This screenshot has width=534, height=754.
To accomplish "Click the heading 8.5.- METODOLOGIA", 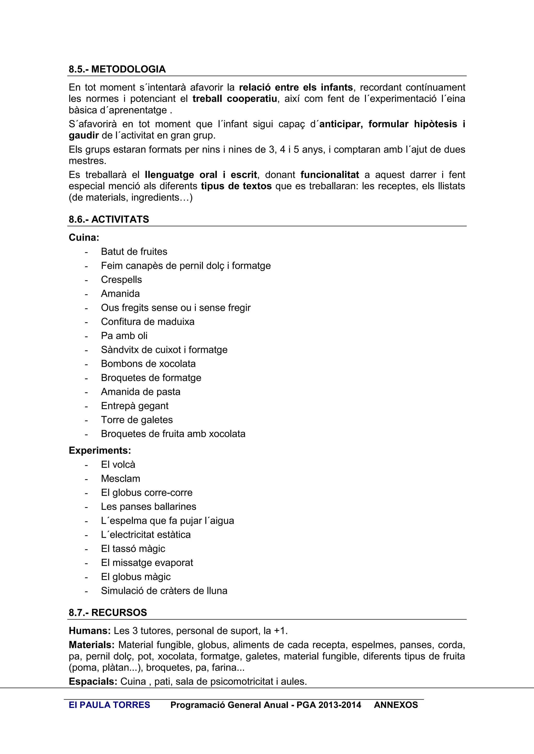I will (117, 69).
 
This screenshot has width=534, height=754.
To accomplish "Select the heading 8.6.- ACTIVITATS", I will (108, 219).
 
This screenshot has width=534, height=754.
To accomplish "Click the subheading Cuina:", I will (84, 237).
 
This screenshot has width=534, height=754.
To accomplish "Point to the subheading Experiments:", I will (100, 450).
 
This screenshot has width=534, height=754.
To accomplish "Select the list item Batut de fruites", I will (134, 252).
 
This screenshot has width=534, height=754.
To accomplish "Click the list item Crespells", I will (121, 279).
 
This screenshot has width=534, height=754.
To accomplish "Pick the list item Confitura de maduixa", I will (148, 322).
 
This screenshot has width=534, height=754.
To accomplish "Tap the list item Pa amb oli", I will (124, 336).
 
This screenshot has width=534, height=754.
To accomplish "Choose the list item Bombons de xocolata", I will (148, 363).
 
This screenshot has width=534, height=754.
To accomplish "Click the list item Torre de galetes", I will (137, 420).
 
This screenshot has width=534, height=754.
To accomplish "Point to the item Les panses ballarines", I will (148, 506).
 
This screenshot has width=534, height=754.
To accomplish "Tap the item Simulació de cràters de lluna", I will (164, 590).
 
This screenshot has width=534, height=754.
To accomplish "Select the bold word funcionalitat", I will (330, 175).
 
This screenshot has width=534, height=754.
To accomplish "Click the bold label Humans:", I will (89, 631).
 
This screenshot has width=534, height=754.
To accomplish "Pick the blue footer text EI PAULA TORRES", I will (109, 705).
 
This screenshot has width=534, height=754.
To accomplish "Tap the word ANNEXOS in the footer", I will (396, 705).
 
